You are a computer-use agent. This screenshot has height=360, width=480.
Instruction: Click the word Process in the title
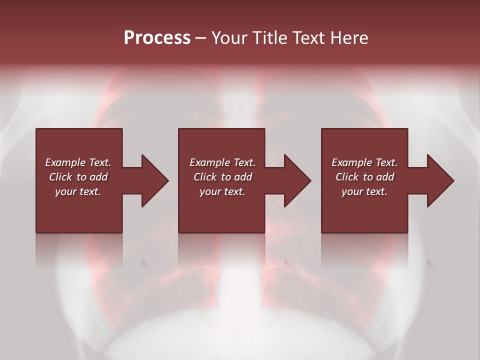click(x=157, y=38)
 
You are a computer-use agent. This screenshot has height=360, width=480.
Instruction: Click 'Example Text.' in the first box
click(x=78, y=162)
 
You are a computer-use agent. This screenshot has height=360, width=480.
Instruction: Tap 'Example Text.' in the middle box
click(x=222, y=162)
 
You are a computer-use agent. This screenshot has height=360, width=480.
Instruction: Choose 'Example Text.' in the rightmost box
click(x=364, y=162)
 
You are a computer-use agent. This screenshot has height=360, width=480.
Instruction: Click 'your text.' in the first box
click(x=78, y=191)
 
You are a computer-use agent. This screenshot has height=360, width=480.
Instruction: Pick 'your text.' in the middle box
click(x=222, y=191)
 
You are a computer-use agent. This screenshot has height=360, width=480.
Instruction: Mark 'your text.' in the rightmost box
click(x=364, y=191)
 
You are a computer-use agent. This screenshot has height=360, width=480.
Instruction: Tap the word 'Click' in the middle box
click(x=205, y=177)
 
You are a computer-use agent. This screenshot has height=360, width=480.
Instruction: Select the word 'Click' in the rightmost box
click(x=347, y=177)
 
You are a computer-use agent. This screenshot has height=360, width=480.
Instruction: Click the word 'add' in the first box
click(x=98, y=177)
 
